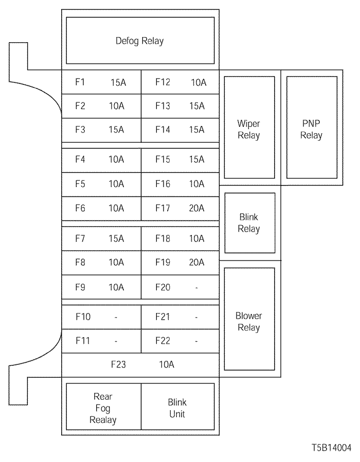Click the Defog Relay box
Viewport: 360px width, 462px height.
coord(140,41)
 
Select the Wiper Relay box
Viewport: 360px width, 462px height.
coord(249,130)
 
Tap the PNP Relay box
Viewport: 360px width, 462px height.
coord(311,130)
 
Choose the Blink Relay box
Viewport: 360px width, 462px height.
coord(249,223)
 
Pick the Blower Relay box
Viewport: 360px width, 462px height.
coord(249,321)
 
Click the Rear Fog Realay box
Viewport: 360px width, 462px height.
coord(103,408)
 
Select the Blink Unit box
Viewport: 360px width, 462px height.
coord(177,408)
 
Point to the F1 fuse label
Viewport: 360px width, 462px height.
coord(80,82)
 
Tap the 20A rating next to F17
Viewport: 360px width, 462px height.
coord(196,208)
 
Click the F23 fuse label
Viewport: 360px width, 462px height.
coord(119,365)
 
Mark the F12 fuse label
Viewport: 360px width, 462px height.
coord(163,82)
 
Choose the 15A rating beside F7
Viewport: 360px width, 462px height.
coord(116,238)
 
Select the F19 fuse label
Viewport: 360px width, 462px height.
coord(163,263)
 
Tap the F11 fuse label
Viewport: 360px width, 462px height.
coord(82,341)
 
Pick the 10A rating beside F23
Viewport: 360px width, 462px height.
coord(167,365)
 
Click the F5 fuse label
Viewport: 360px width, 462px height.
coord(80,183)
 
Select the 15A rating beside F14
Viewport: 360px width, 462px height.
coord(196,130)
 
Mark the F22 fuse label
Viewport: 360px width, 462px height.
coord(163,341)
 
